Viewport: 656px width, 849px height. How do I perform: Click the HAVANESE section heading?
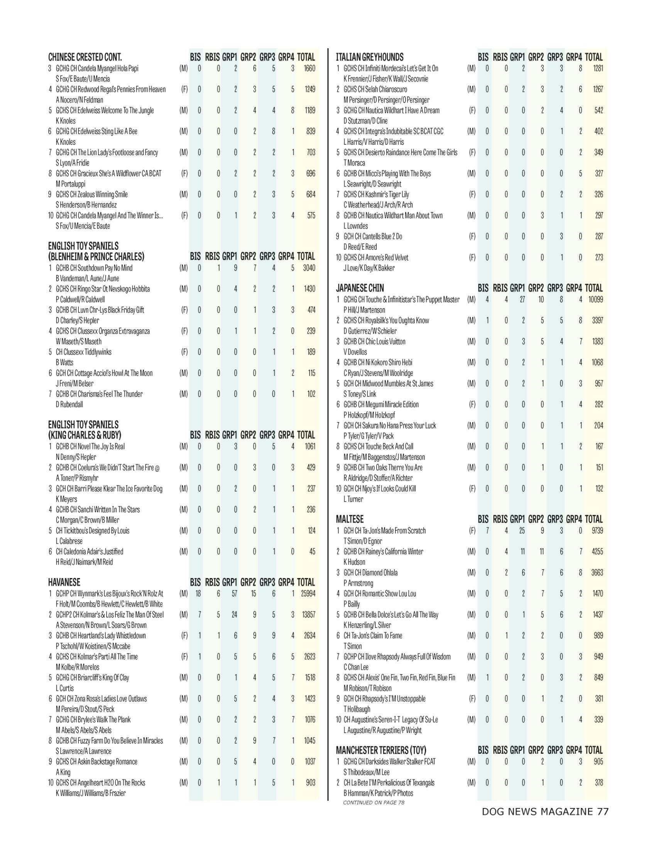pyautogui.click(x=64, y=582)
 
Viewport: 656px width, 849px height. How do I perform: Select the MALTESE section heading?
pyautogui.click(x=350, y=519)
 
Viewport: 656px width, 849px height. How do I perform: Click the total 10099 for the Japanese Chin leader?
pyautogui.click(x=594, y=299)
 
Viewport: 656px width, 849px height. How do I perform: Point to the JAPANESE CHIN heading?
pyautogui.click(x=360, y=288)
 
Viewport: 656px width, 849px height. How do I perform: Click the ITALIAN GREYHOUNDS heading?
pyautogui.click(x=370, y=57)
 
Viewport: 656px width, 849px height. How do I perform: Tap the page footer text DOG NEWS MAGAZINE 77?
pyautogui.click(x=545, y=812)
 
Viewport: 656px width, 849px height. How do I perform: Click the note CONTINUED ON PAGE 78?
pyautogui.click(x=374, y=802)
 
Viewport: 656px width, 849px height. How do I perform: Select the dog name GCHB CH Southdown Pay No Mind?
pyautogui.click(x=94, y=268)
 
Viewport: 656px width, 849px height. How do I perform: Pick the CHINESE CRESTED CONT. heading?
pyautogui.click(x=85, y=57)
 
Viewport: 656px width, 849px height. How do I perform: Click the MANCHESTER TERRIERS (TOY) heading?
pyautogui.click(x=381, y=750)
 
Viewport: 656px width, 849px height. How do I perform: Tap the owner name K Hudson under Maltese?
pyautogui.click(x=354, y=562)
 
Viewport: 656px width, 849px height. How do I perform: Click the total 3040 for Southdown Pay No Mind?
pyautogui.click(x=309, y=268)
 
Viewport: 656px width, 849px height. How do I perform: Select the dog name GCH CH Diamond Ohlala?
pyautogui.click(x=370, y=573)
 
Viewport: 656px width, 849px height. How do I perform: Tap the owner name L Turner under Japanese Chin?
pyautogui.click(x=353, y=499)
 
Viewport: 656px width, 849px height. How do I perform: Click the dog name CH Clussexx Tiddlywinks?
pyautogui.click(x=84, y=352)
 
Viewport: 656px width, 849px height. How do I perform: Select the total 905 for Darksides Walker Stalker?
pyautogui.click(x=599, y=761)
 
